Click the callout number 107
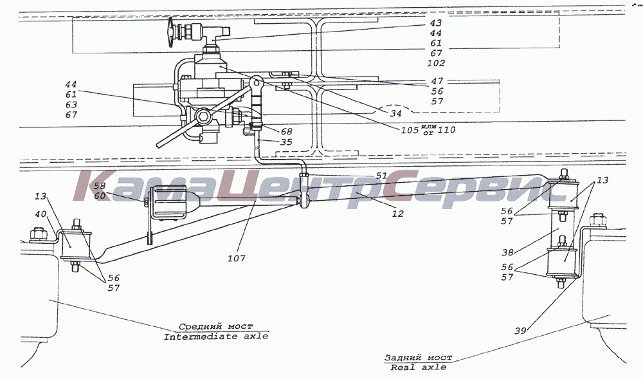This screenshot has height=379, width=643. click(237, 259)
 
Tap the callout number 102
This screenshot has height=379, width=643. click(436, 63)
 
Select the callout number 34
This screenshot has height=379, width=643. click(395, 113)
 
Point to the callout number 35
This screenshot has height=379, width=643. click(286, 142)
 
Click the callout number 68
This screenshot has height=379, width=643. click(286, 132)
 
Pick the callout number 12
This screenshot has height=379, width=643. click(398, 214)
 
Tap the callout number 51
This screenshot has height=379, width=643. click(381, 176)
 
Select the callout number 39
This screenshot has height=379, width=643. click(520, 331)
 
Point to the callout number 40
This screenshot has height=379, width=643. click(41, 214)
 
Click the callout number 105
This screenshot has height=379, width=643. click(410, 130)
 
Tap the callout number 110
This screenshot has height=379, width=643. click(447, 130)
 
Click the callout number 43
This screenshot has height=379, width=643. click(436, 23)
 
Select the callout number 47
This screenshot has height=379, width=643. click(437, 81)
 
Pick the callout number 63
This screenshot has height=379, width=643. click(71, 105)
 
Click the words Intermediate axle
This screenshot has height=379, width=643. click(216, 337)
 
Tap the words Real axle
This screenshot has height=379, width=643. click(419, 367)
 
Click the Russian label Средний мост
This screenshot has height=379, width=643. click(215, 326)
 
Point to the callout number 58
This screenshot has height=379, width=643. click(100, 186)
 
